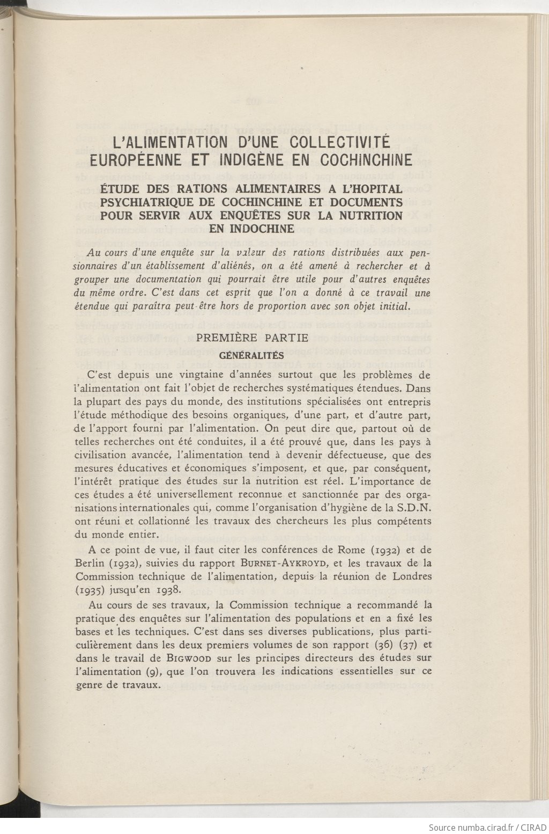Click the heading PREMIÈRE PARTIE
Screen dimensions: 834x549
[x=253, y=338]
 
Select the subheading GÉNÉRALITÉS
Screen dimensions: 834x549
[x=252, y=355]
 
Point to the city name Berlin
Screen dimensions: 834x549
[x=90, y=564]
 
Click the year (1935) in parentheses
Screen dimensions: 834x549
[x=91, y=590]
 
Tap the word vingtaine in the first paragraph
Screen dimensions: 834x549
[x=190, y=375]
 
